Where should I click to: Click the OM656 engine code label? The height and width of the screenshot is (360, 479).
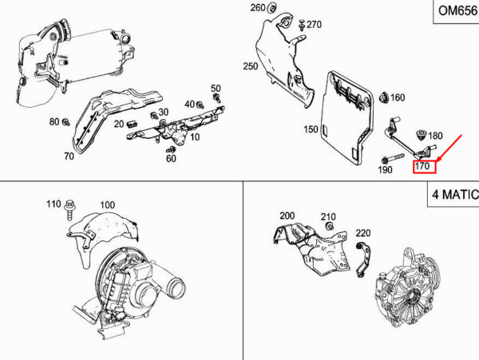(457, 11)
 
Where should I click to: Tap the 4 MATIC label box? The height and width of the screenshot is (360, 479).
(453, 194)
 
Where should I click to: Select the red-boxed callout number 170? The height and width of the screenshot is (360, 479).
(425, 166)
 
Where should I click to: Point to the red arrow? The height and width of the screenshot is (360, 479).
(449, 148)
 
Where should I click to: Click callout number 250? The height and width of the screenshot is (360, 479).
(251, 66)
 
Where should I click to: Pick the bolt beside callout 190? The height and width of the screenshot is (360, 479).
(393, 159)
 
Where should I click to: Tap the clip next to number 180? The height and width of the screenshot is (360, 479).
(421, 136)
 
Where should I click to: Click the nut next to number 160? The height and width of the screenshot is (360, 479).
(384, 97)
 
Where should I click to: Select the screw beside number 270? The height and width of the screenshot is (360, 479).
(302, 25)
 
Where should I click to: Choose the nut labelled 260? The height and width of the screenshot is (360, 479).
(271, 8)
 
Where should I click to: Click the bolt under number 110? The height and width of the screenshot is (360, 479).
(70, 209)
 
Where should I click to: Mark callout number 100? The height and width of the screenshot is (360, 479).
(107, 204)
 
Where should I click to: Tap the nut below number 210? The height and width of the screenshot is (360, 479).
(329, 227)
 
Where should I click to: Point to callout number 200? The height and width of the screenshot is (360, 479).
(287, 216)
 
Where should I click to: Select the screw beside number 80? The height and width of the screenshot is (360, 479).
(65, 122)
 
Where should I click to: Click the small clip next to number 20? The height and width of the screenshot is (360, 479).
(132, 124)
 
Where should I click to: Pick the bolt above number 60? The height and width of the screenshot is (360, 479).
(171, 149)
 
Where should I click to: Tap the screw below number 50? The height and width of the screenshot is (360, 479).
(217, 98)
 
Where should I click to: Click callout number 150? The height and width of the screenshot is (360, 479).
(311, 129)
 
